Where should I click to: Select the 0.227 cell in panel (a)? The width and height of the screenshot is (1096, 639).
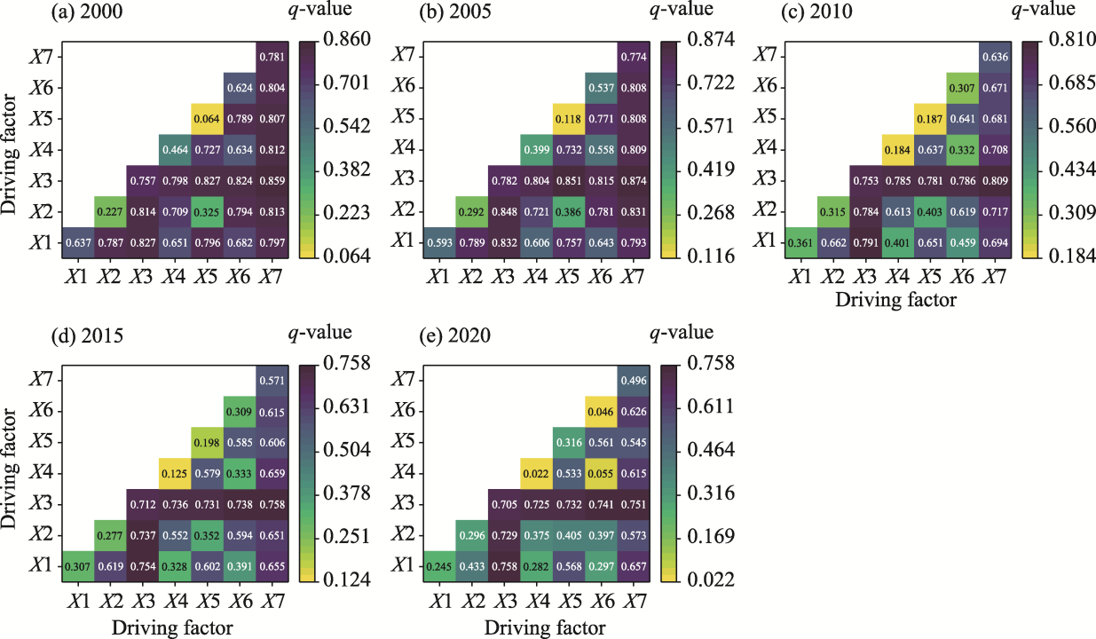tap(111, 211)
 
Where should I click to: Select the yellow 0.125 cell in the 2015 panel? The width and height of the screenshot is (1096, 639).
tap(174, 473)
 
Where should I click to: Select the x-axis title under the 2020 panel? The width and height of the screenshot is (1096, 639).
tap(545, 628)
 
